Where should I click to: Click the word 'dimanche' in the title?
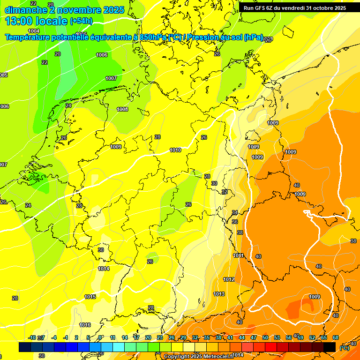[25, 10]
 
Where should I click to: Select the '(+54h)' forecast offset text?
[81, 21]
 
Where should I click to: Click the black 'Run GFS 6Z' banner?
[295, 7]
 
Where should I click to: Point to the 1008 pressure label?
[122, 109]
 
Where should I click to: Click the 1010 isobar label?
[175, 150]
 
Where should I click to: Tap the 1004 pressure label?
[34, 31]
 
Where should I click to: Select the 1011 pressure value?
[238, 255]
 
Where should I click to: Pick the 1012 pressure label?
[229, 279]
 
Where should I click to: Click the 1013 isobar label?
[219, 294]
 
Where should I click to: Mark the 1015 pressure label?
[90, 297]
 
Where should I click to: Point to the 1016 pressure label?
[85, 325]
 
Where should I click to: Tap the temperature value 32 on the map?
[225, 192]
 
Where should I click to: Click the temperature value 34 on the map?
[235, 213]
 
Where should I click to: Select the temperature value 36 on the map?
[235, 222]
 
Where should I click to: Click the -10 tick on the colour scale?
[32, 337]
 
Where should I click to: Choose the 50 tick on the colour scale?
[265, 337]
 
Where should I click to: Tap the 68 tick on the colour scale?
[336, 337]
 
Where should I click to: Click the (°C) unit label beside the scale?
[344, 348]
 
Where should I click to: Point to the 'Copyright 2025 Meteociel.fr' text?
[199, 356]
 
